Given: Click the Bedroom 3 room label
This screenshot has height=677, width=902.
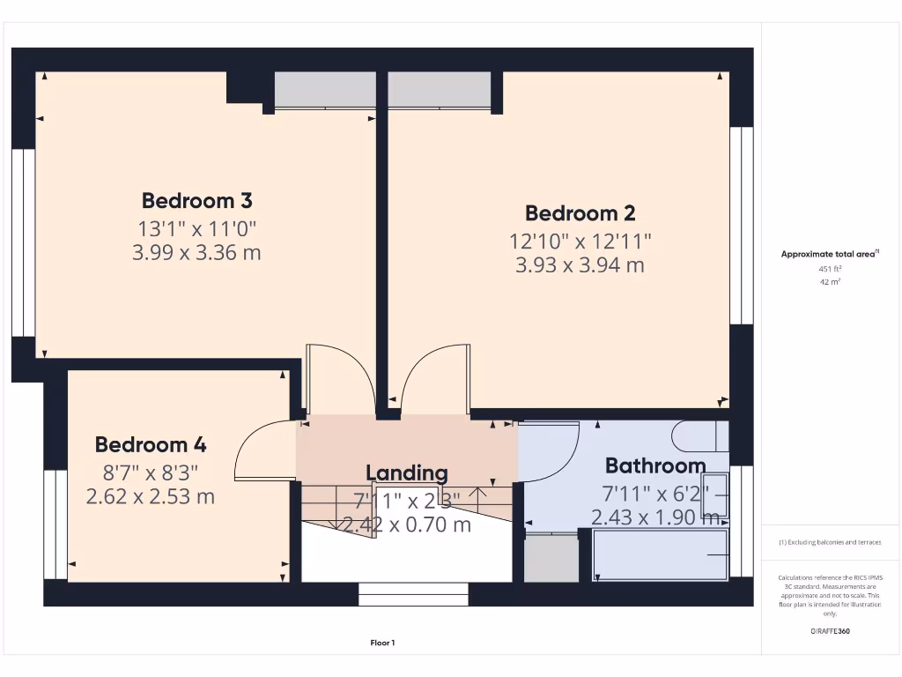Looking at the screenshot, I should pyautogui.click(x=197, y=200).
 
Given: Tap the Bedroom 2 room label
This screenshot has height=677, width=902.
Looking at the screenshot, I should pyautogui.click(x=580, y=212).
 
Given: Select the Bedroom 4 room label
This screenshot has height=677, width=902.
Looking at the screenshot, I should pyautogui.click(x=151, y=444).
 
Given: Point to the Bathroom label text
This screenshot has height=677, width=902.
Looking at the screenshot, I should pyautogui.click(x=655, y=465).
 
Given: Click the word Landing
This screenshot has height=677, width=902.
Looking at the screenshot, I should pyautogui.click(x=406, y=473).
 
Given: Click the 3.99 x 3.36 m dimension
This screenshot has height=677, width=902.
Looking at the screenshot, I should pyautogui.click(x=197, y=254).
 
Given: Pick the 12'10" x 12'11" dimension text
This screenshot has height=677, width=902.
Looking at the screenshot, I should pyautogui.click(x=580, y=240).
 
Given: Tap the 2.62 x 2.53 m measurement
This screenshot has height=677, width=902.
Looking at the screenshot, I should pyautogui.click(x=151, y=497).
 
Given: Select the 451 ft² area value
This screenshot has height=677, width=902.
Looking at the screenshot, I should pyautogui.click(x=831, y=270).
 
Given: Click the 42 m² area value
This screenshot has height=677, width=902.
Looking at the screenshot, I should pyautogui.click(x=831, y=282).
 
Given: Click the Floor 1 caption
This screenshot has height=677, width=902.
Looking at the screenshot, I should pyautogui.click(x=382, y=643).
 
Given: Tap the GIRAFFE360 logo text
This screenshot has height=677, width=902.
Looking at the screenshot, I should pyautogui.click(x=831, y=631).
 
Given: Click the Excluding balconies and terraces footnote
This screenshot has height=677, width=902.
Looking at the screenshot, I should pyautogui.click(x=830, y=542).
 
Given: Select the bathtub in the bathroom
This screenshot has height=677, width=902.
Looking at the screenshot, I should pyautogui.click(x=661, y=555).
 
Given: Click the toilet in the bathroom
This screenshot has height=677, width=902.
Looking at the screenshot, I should pyautogui.click(x=699, y=436).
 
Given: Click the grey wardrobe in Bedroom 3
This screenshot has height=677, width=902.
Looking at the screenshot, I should pyautogui.click(x=324, y=90).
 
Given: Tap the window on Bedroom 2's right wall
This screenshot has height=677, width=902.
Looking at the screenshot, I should pyautogui.click(x=741, y=225).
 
